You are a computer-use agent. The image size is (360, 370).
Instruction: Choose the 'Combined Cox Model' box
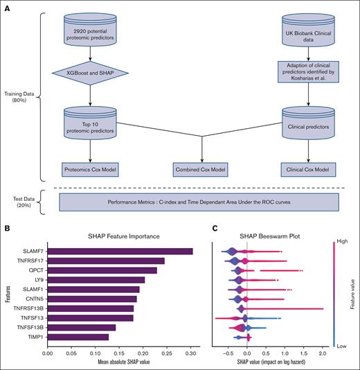click(x=201, y=168)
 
